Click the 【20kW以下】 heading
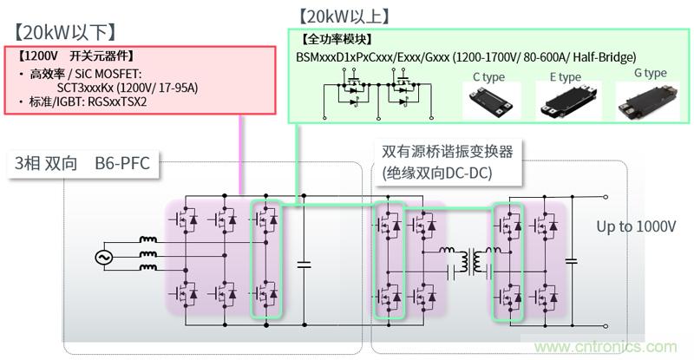(64, 33)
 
